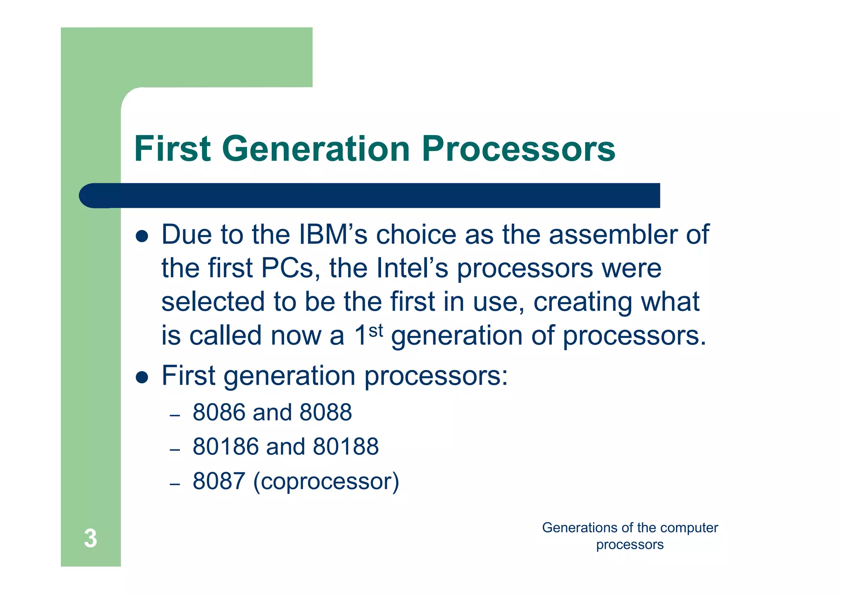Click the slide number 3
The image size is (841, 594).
pos(90,538)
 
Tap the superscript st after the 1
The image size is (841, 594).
pos(376,330)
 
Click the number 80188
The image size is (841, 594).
pos(345,447)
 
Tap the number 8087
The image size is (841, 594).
pos(218,481)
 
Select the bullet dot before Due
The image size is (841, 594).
pos(142,236)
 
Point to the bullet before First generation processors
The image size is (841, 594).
pos(142,377)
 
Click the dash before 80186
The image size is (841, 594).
pos(175,450)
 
